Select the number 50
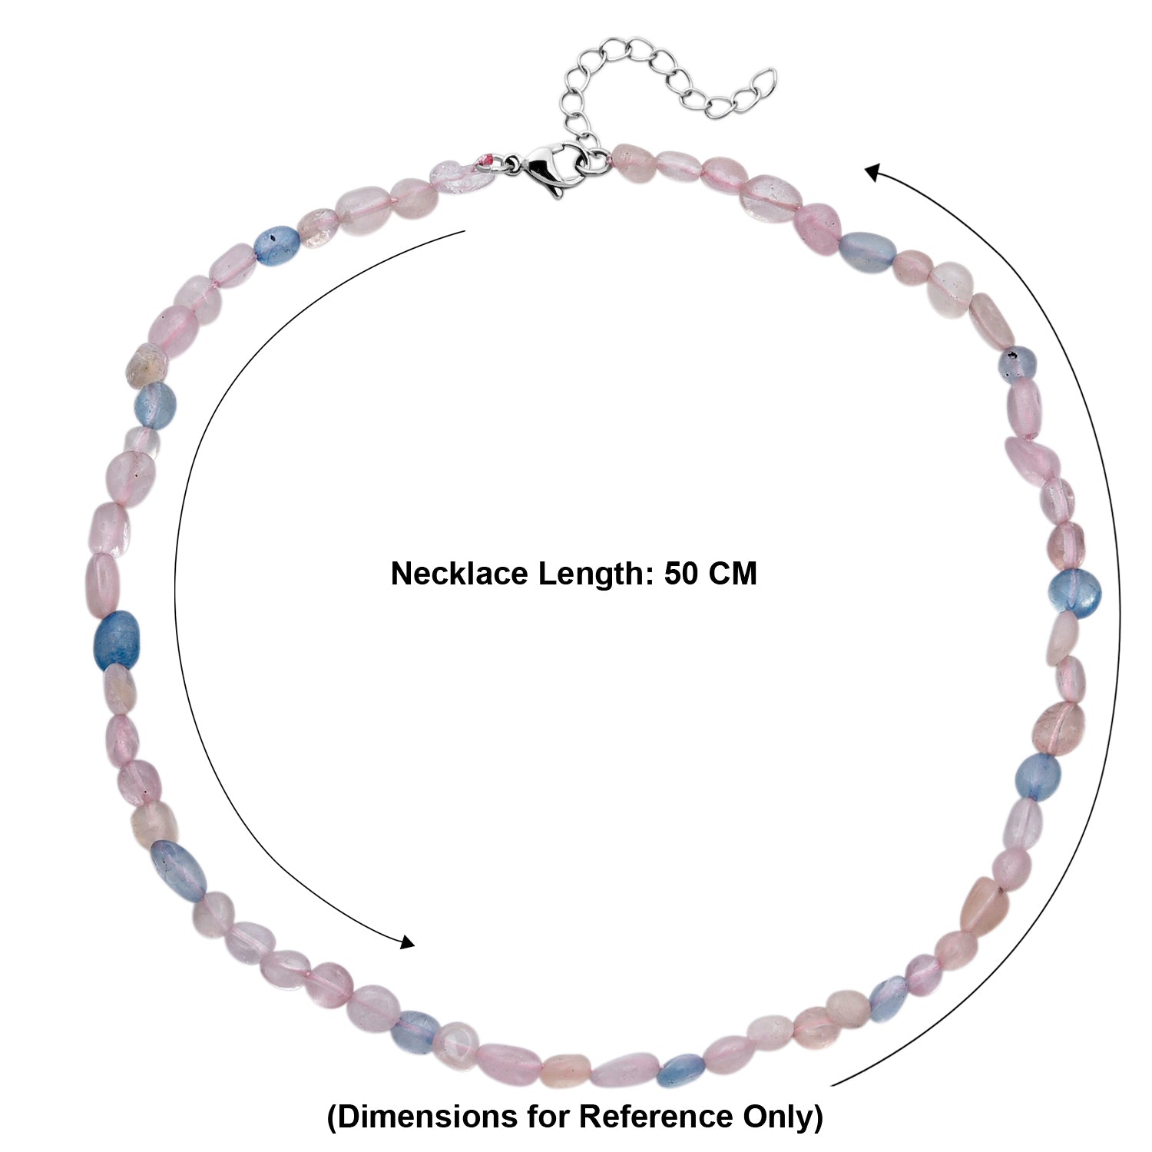(680, 574)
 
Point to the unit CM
(733, 574)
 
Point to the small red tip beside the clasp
(485, 158)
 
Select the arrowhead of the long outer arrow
(875, 172)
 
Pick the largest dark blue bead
(116, 640)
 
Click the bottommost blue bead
(681, 1068)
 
